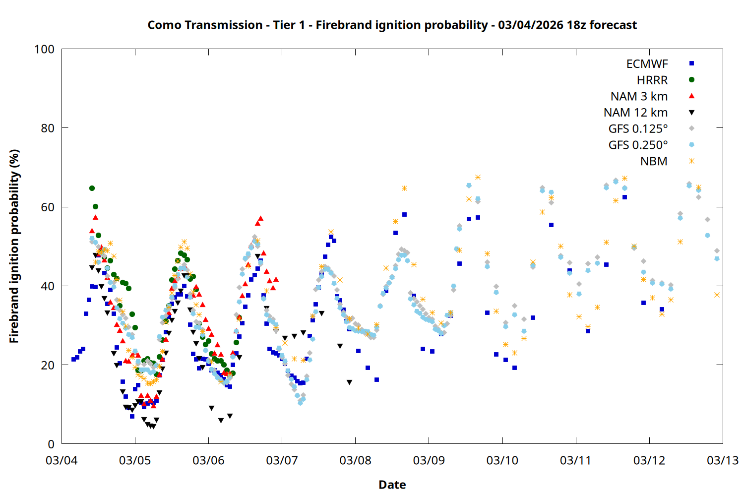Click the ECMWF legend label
click(x=647, y=64)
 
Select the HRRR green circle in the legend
click(x=691, y=80)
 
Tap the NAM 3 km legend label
click(x=639, y=96)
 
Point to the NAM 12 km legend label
click(x=635, y=113)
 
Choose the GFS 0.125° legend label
click(x=638, y=129)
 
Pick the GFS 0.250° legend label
click(x=638, y=145)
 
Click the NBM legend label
click(x=654, y=162)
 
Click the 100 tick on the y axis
click(x=44, y=50)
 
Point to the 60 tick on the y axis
click(x=48, y=207)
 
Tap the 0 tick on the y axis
click(x=51, y=444)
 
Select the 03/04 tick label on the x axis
click(x=62, y=460)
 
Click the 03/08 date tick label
click(x=355, y=460)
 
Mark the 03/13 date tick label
click(x=722, y=460)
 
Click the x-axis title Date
click(x=392, y=485)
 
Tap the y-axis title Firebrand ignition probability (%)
click(x=14, y=246)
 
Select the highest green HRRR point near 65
click(x=92, y=188)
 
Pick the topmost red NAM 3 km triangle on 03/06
click(x=260, y=218)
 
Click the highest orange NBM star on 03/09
click(x=478, y=178)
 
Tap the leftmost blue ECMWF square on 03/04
click(x=73, y=359)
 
